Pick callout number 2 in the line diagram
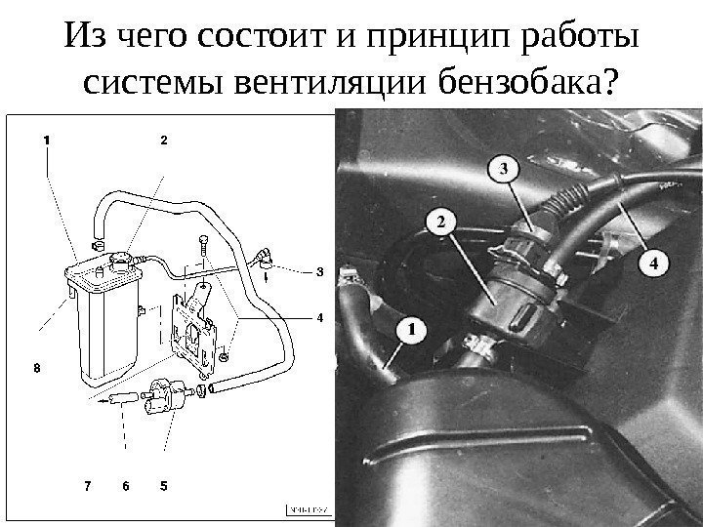coord(163,140)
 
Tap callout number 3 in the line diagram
coord(319,272)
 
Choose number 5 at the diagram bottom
coord(163,484)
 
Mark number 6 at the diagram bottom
coord(125,484)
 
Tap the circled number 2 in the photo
coord(440,223)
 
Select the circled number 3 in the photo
coord(503,170)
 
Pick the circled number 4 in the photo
coord(656,262)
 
